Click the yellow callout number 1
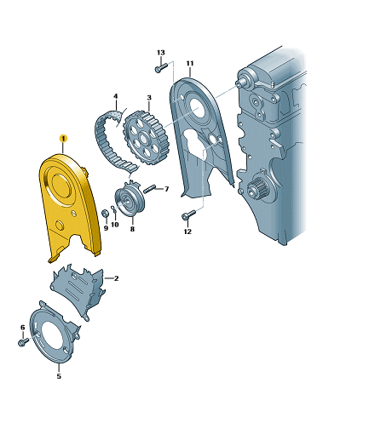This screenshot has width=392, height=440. [63, 139]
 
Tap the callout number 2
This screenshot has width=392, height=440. [116, 278]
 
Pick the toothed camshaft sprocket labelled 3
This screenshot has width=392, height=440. [146, 139]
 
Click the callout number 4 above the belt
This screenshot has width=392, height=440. [115, 96]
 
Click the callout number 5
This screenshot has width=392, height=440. [59, 376]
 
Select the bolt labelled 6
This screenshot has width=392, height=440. [23, 341]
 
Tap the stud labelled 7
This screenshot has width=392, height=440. [150, 189]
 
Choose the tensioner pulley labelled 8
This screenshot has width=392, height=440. [130, 199]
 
